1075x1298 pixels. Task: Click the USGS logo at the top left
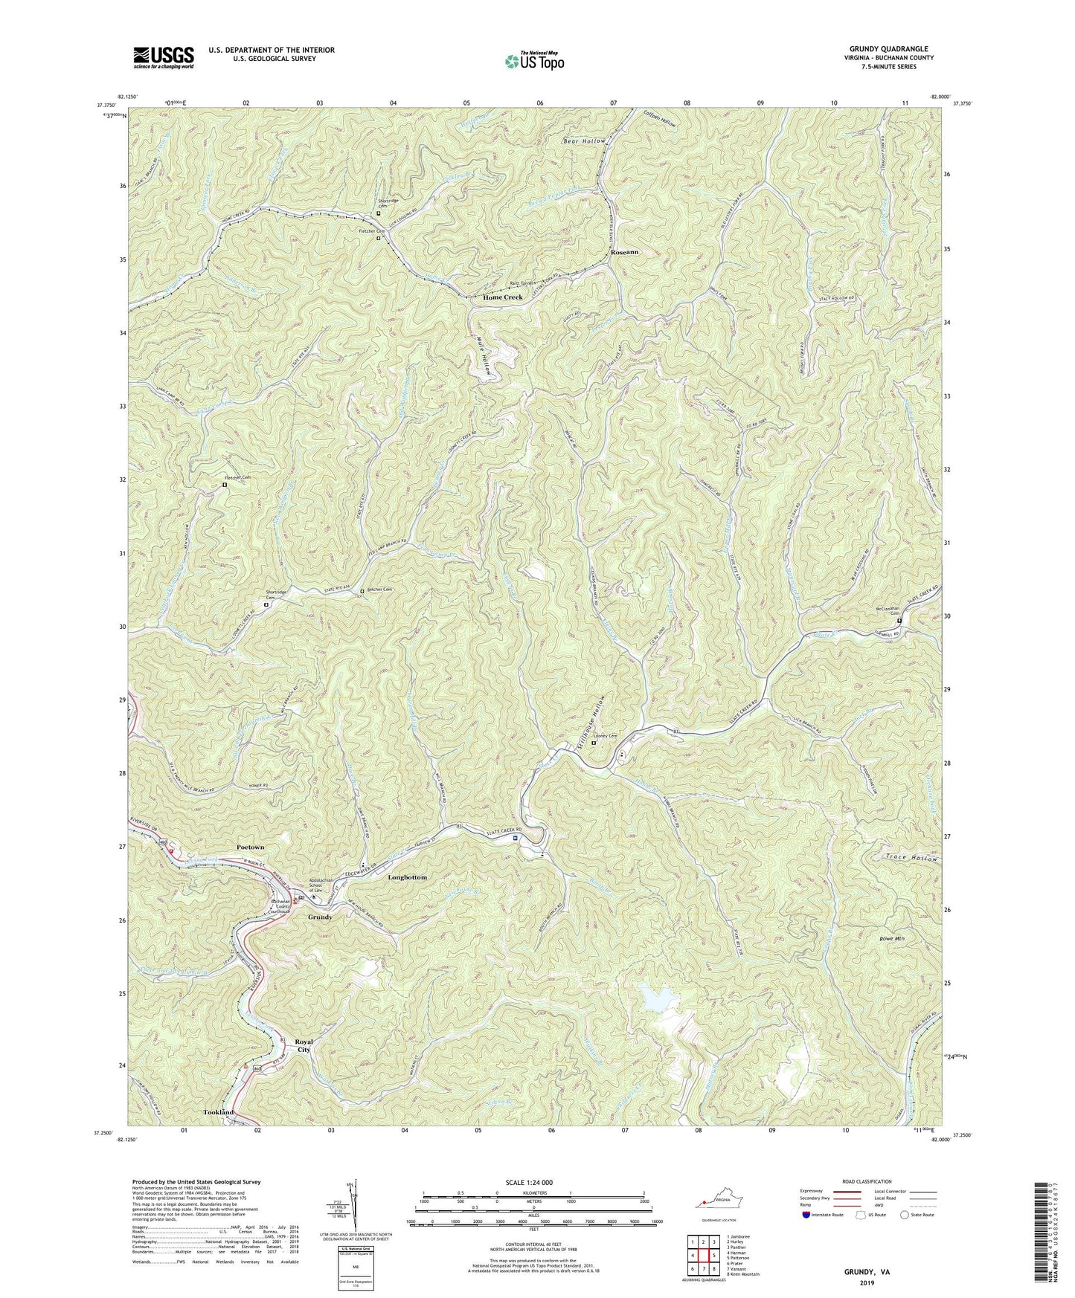coord(164,56)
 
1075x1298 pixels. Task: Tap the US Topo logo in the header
coord(533,60)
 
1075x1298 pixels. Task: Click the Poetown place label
coord(250,847)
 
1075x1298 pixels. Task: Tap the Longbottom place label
coord(408,877)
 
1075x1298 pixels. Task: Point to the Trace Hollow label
coord(912,859)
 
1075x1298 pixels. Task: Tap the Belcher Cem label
coord(379,590)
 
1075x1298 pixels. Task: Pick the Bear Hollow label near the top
coord(584,141)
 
